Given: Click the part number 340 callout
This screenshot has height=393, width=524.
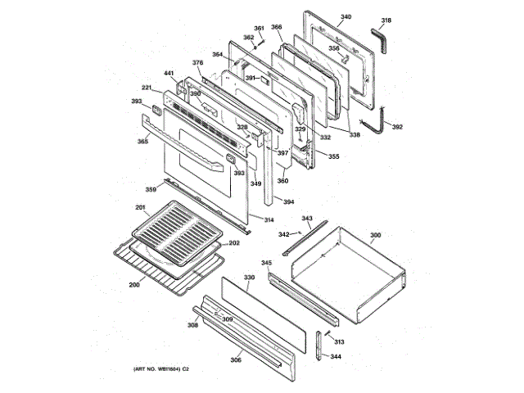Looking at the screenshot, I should pyautogui.click(x=346, y=17).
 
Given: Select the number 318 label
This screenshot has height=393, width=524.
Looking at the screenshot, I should pyautogui.click(x=386, y=20).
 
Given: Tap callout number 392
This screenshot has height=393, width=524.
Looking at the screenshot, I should pyautogui.click(x=397, y=127).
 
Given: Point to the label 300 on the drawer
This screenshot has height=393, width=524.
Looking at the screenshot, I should pyautogui.click(x=375, y=236).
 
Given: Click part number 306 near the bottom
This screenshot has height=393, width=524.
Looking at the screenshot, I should pyautogui.click(x=235, y=359).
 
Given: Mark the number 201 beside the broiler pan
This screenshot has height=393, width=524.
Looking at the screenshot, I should pyautogui.click(x=140, y=206).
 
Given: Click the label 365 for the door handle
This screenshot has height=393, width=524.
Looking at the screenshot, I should pyautogui.click(x=142, y=142).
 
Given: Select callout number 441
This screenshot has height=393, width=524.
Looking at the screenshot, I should pyautogui.click(x=169, y=74).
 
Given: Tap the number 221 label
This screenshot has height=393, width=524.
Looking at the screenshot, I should pyautogui.click(x=147, y=88).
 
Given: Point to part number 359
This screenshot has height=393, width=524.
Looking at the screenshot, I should pyautogui.click(x=151, y=189).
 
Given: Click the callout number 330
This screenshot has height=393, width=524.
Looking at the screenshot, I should pyautogui.click(x=250, y=278).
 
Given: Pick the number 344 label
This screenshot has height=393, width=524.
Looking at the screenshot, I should pyautogui.click(x=336, y=357).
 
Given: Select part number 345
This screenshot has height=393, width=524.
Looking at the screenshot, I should pyautogui.click(x=266, y=263).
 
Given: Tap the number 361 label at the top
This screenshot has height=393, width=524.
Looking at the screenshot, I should pyautogui.click(x=259, y=29).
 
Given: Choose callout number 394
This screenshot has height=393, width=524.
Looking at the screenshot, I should pyautogui.click(x=288, y=201).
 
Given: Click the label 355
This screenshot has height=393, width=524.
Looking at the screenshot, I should pyautogui.click(x=333, y=156).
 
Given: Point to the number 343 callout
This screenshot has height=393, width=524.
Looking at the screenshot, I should pyautogui.click(x=307, y=219).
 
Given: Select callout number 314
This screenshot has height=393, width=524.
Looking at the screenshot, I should pyautogui.click(x=268, y=219).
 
